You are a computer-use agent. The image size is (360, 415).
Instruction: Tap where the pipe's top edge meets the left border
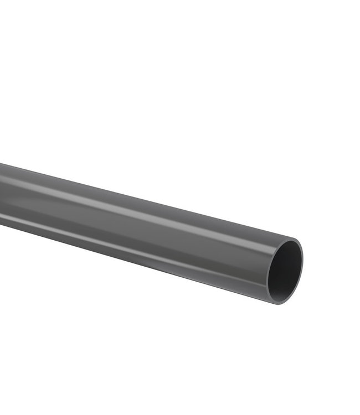coord(1,164)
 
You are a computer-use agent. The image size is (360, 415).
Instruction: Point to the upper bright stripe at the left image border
coord(1,176)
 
